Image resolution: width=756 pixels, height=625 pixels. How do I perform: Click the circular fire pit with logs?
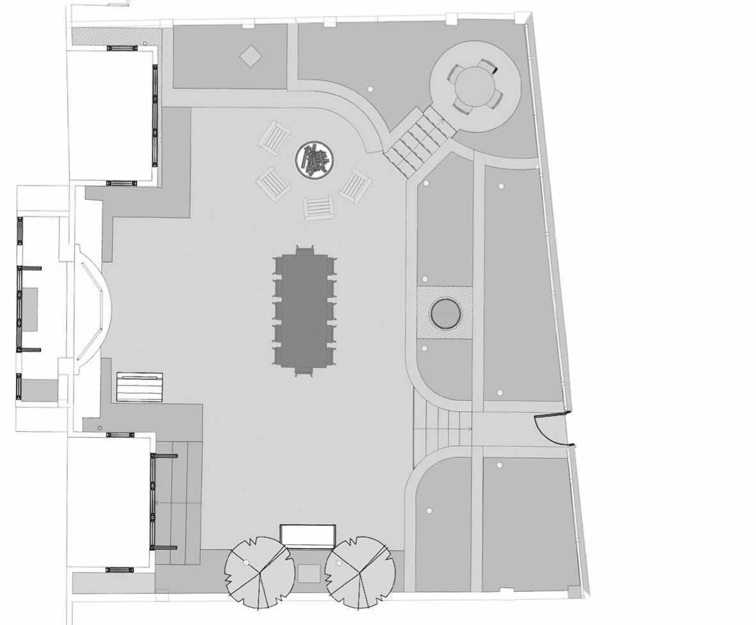(314, 158)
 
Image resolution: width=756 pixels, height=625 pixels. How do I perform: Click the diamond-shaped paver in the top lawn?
(251, 56)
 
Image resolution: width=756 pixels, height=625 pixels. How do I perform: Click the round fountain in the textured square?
(445, 313)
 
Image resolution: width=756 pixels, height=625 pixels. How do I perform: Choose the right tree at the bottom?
(357, 571)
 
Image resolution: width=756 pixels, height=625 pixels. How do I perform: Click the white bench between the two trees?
(308, 536)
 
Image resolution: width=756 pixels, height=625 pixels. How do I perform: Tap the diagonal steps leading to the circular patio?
(420, 141)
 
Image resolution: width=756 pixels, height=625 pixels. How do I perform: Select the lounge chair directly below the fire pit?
(318, 207)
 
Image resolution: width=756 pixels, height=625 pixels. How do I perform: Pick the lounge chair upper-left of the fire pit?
(275, 137)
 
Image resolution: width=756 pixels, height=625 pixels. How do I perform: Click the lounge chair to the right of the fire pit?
(356, 186)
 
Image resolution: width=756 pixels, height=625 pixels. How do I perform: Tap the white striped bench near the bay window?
(140, 387)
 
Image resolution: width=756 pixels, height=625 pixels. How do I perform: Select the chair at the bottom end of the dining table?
(304, 371)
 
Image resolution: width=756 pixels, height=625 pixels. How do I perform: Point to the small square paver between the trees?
(309, 573)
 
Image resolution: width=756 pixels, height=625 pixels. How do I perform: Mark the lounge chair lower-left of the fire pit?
(274, 184)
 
